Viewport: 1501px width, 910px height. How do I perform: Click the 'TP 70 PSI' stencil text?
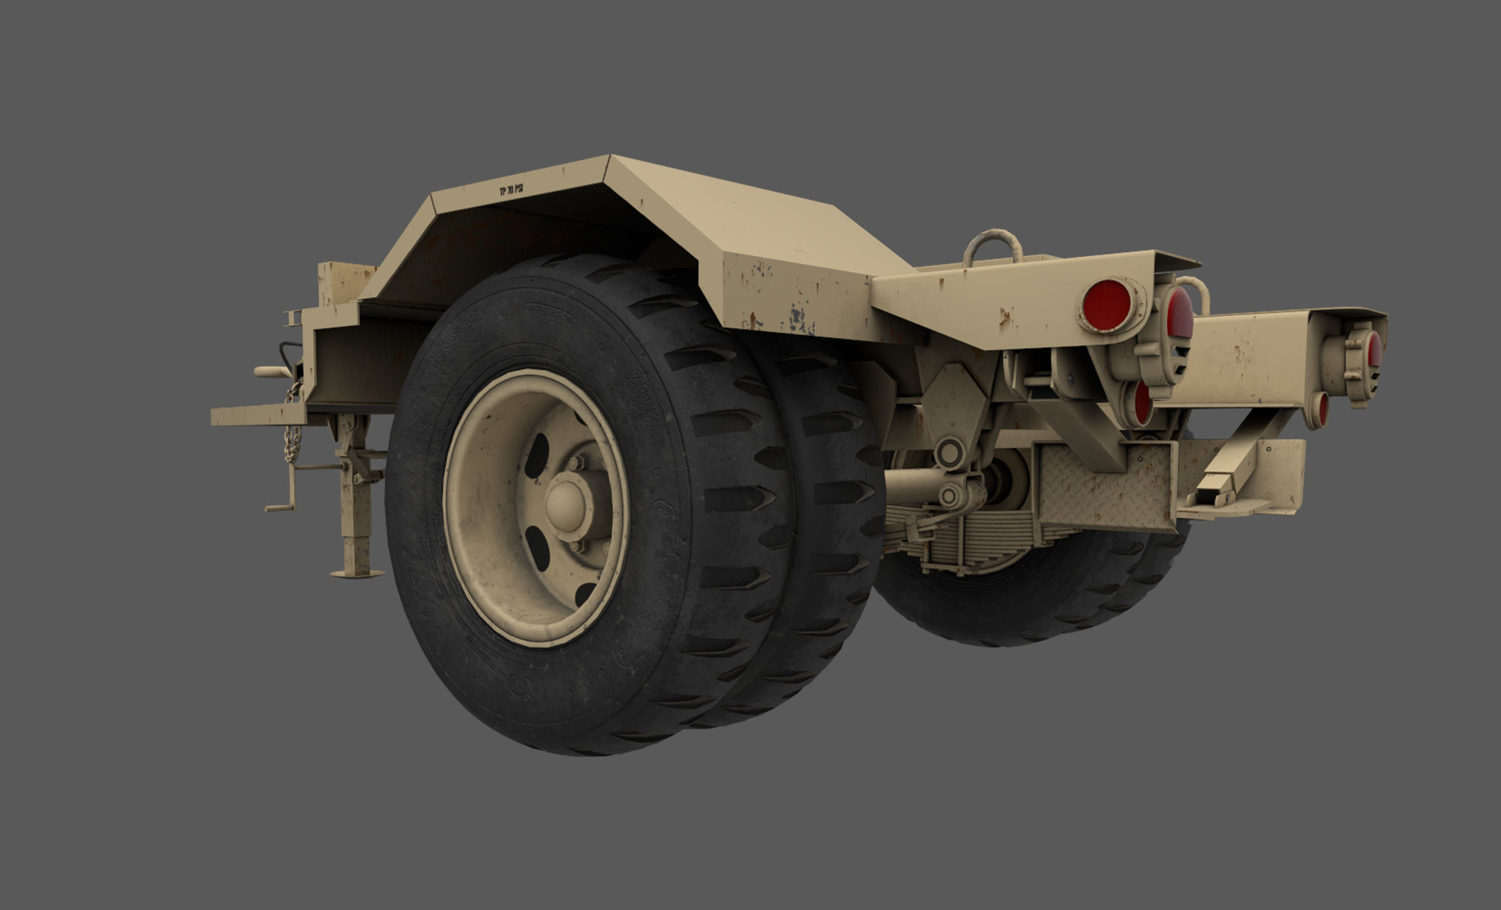click(x=511, y=190)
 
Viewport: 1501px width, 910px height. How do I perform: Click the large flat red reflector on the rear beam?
click(x=1107, y=306)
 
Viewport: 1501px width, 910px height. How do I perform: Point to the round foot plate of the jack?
click(x=356, y=573)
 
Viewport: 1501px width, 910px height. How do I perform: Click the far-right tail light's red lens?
click(x=1374, y=349)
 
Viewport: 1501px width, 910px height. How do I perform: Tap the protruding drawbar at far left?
click(x=256, y=414)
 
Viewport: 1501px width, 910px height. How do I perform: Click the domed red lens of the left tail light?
click(x=1179, y=313)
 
